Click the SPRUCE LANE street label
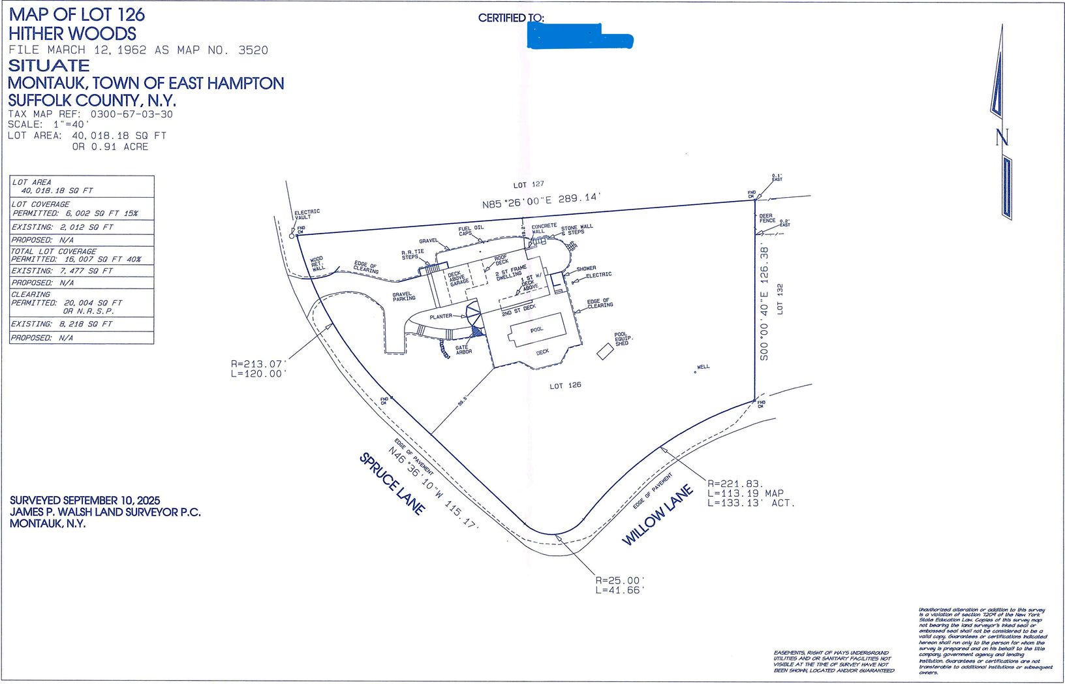click(x=392, y=484)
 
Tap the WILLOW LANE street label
click(x=657, y=515)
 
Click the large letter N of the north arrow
click(x=1002, y=137)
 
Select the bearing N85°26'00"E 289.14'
click(x=541, y=200)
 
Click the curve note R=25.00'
click(x=619, y=580)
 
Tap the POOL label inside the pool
click(x=536, y=330)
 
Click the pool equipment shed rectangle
click(x=605, y=352)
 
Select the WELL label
click(x=703, y=367)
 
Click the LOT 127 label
click(x=528, y=185)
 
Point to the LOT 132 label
click(x=780, y=299)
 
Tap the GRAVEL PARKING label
click(x=403, y=296)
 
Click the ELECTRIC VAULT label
click(x=307, y=214)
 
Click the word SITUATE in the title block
click(x=49, y=65)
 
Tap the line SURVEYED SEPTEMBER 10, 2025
click(x=85, y=500)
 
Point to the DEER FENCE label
click(x=767, y=218)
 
